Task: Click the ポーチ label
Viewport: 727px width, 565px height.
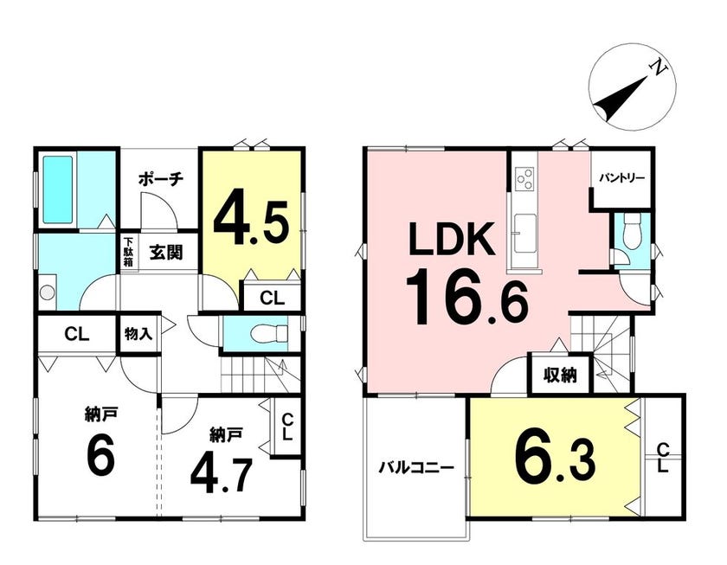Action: [x=161, y=178]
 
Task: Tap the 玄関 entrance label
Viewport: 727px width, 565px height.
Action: [x=166, y=252]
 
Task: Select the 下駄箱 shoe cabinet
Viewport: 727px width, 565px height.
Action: [x=128, y=253]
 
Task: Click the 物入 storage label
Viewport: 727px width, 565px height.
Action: [x=138, y=333]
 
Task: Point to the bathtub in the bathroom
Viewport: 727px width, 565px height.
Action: [x=58, y=189]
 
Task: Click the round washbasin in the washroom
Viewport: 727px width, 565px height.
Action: [x=47, y=292]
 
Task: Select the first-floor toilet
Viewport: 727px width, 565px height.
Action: [x=269, y=333]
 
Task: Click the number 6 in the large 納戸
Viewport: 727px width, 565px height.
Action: [x=100, y=456]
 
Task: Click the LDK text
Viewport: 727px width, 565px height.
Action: [x=451, y=239]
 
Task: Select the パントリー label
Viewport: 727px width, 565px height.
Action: [x=621, y=178]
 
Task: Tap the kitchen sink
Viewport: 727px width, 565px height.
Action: [x=524, y=233]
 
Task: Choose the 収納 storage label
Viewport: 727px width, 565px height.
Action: [x=561, y=375]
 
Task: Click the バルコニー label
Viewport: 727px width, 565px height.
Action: [x=416, y=468]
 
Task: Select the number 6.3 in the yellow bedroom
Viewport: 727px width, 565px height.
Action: [x=555, y=459]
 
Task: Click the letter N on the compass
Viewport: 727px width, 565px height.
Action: [x=659, y=68]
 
